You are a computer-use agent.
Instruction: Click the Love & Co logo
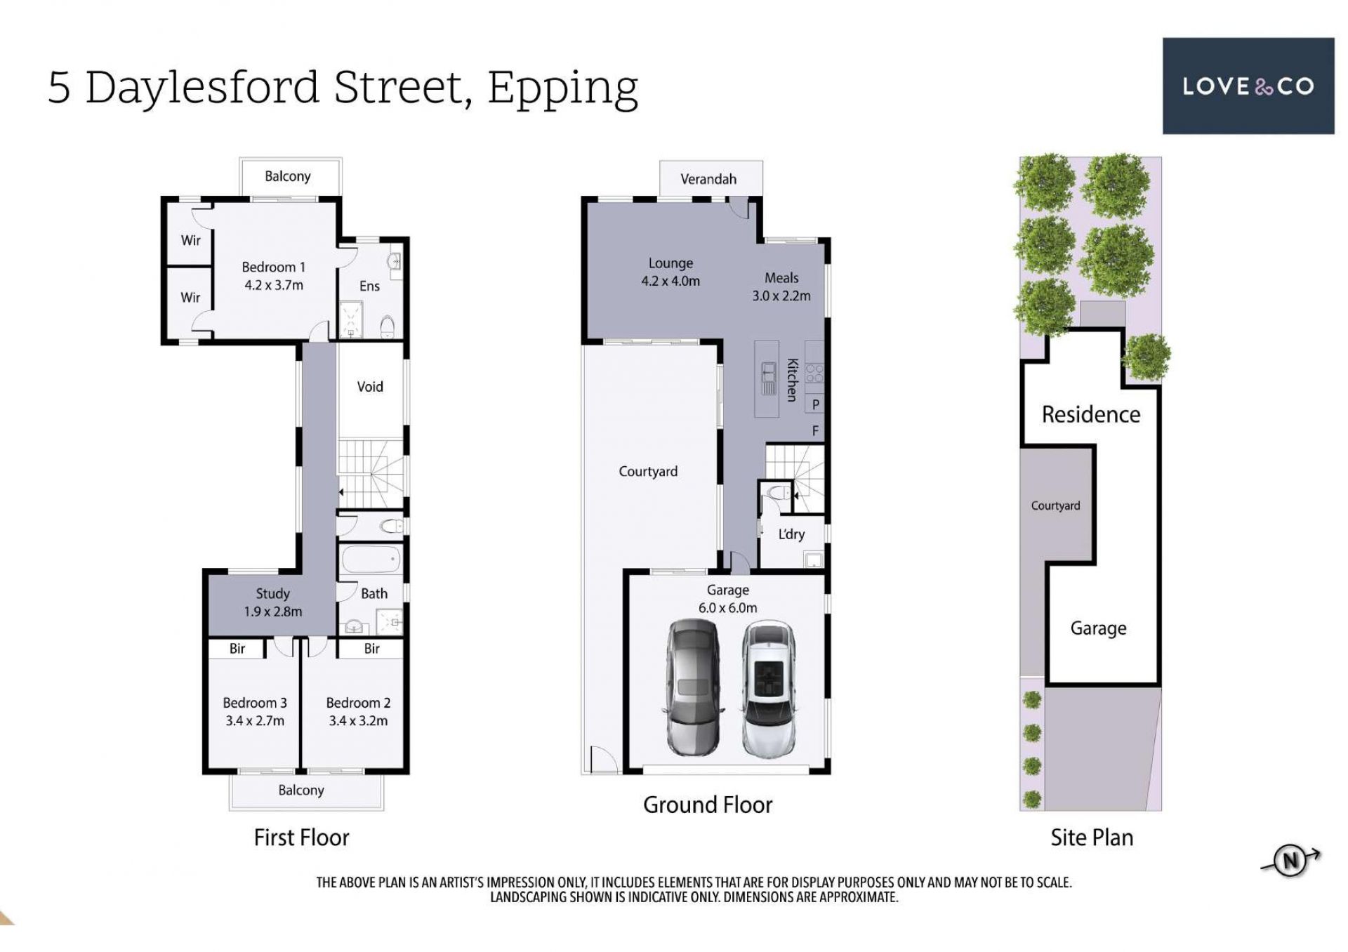pyautogui.click(x=1248, y=86)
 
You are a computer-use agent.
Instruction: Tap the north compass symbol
pyautogui.click(x=1290, y=861)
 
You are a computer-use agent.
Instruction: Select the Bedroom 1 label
pyautogui.click(x=274, y=267)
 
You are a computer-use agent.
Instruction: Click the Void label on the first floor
pyautogui.click(x=370, y=387)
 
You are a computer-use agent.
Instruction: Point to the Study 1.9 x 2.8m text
pyautogui.click(x=273, y=602)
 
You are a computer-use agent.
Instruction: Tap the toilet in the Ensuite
pyautogui.click(x=387, y=326)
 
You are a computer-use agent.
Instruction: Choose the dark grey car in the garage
pyautogui.click(x=692, y=687)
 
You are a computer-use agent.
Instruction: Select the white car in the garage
pyautogui.click(x=769, y=689)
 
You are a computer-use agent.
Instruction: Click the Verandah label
pyautogui.click(x=708, y=179)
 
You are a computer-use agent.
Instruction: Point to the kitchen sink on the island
pyautogui.click(x=769, y=379)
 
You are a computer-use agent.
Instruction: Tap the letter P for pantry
pyautogui.click(x=816, y=404)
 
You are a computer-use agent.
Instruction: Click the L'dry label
pyautogui.click(x=791, y=534)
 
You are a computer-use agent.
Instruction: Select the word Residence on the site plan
pyautogui.click(x=1091, y=414)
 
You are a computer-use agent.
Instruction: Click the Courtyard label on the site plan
pyautogui.click(x=1055, y=505)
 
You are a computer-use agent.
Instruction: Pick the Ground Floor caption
pyautogui.click(x=708, y=805)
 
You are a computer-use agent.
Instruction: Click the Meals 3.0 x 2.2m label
pyautogui.click(x=781, y=287)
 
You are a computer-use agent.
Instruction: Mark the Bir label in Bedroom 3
pyautogui.click(x=237, y=649)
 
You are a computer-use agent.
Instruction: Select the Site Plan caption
pyautogui.click(x=1092, y=838)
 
